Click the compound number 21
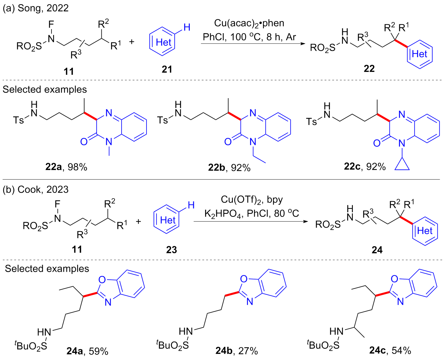point(167,69)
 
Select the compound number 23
point(171,250)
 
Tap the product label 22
point(369,68)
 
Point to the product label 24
point(377,250)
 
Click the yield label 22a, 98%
point(66,167)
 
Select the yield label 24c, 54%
point(390,350)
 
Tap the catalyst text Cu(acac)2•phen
point(249,23)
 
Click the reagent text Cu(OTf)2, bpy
point(252,200)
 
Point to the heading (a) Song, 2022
point(36,8)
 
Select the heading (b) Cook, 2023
point(36,189)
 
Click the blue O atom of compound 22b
point(228,142)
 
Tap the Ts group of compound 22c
point(311,121)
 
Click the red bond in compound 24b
point(232,294)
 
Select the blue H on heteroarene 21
point(187,27)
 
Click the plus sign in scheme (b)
point(138,221)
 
